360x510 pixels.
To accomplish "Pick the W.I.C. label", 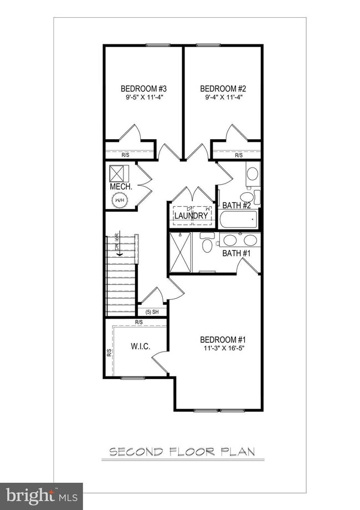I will [x=141, y=347].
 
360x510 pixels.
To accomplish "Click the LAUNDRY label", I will [x=192, y=216].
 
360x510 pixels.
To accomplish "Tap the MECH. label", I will [x=121, y=187].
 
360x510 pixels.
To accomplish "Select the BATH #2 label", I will [x=237, y=206].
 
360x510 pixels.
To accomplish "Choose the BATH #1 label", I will [x=237, y=253].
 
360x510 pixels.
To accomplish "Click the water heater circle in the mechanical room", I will [x=120, y=200].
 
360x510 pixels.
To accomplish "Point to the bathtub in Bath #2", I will [x=238, y=221].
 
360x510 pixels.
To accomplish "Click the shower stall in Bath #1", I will [x=180, y=253].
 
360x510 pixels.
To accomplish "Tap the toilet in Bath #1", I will [x=207, y=244].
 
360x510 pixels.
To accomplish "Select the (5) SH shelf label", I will [x=152, y=312].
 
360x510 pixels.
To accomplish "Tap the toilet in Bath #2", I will [x=247, y=197].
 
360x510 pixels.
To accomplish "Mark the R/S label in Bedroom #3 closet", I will [x=126, y=155].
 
